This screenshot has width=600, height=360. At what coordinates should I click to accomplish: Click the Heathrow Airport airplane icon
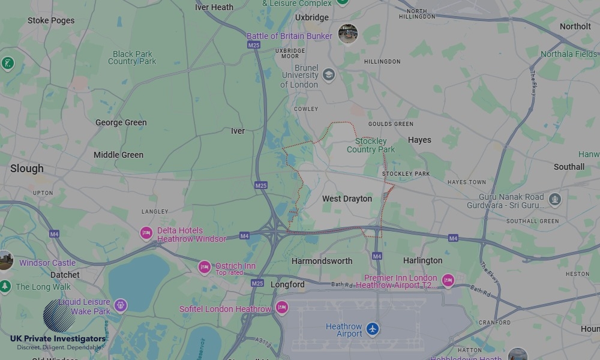373,329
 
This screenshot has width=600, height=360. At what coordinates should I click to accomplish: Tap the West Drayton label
347,199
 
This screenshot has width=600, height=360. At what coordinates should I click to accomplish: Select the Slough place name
27,169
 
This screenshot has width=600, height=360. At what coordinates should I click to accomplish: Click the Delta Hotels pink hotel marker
146,233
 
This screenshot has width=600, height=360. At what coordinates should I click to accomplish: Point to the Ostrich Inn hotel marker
205,267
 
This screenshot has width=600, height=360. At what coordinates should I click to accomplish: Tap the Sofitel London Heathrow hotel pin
282,308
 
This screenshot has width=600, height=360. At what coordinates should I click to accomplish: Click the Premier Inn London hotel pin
448,280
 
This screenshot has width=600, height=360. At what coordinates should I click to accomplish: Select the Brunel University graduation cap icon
328,75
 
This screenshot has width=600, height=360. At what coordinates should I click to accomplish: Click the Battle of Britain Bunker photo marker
348,34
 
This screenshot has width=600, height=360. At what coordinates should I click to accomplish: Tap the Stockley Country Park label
371,145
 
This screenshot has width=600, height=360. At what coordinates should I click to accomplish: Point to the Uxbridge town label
312,17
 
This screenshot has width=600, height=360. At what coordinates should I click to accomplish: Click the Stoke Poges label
51,20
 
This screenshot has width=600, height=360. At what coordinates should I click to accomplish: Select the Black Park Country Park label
132,58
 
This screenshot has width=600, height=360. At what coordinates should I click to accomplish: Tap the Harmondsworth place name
322,261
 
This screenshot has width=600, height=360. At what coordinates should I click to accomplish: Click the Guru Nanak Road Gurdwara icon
555,199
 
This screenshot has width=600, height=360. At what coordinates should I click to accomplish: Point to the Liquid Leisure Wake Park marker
121,306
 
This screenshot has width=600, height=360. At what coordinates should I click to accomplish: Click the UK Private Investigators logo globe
59,316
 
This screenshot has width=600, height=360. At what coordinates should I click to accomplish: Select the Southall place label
569,167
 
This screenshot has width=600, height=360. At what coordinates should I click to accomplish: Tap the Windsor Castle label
47,263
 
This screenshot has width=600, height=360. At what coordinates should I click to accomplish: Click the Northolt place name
575,26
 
